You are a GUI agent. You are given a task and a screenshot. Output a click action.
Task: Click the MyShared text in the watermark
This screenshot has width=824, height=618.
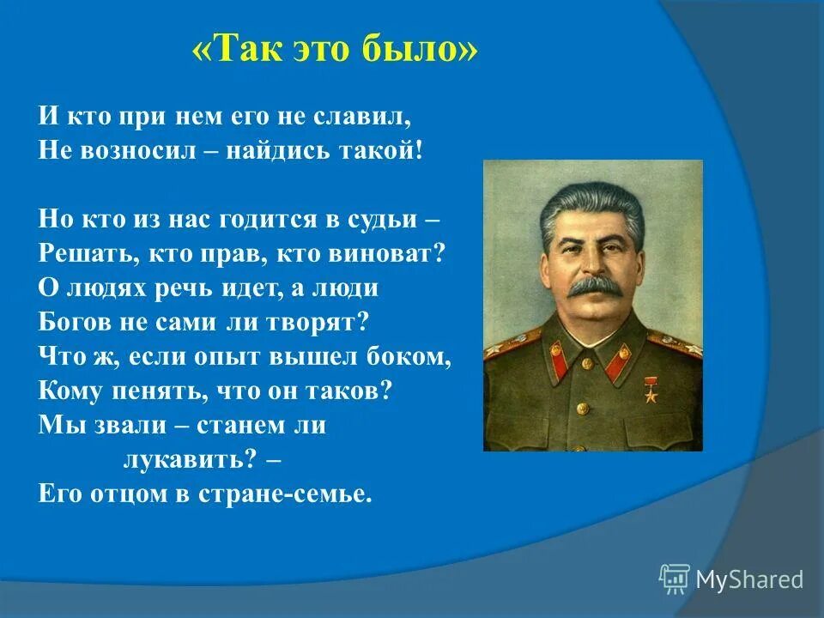[749, 579]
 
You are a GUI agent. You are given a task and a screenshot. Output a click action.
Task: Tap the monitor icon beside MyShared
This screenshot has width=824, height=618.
[675, 578]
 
